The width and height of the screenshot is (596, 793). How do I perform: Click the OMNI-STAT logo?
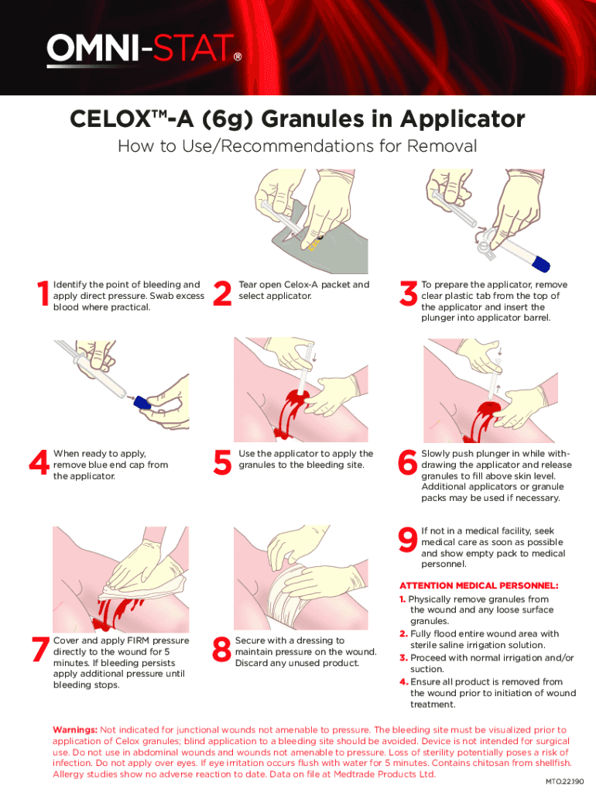tap(139, 51)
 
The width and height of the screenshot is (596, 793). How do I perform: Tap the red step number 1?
tap(41, 295)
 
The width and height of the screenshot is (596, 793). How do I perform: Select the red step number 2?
tap(222, 295)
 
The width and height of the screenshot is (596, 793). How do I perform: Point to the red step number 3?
tap(406, 295)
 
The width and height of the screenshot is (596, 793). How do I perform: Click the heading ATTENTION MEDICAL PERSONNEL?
tap(478, 585)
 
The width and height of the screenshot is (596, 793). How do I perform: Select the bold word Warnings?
tap(74, 729)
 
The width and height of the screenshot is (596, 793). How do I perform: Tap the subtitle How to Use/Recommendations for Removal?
tap(296, 146)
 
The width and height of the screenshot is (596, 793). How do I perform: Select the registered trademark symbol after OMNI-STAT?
tap(237, 57)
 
